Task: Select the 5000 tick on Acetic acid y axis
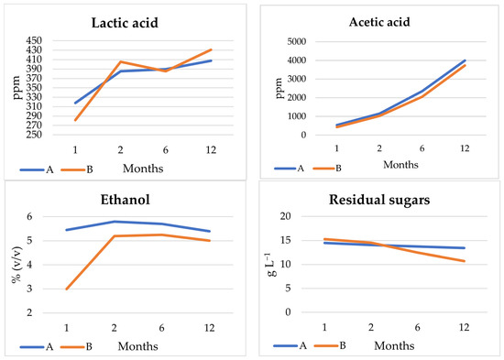click(x=292, y=41)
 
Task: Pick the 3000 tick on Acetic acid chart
click(x=292, y=79)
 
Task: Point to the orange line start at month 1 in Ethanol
click(x=66, y=289)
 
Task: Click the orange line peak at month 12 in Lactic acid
click(x=212, y=49)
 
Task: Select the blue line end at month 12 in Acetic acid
click(x=466, y=60)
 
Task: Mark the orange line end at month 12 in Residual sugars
click(x=466, y=261)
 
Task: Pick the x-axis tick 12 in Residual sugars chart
click(x=466, y=325)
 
